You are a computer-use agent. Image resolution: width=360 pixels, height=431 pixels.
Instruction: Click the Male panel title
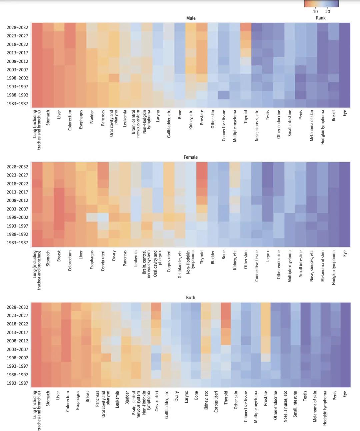(191, 18)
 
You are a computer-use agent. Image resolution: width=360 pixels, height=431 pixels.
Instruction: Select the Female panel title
(191, 157)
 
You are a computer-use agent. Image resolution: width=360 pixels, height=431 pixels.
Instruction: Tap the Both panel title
(191, 298)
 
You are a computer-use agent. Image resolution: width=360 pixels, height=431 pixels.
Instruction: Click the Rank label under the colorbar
(321, 18)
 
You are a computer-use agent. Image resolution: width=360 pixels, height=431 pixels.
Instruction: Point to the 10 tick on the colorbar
(315, 12)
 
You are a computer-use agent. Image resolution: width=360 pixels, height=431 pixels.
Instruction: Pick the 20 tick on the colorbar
(328, 12)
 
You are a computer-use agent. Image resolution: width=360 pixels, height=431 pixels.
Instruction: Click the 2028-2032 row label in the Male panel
(17, 27)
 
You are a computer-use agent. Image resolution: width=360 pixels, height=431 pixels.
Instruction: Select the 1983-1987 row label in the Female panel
(17, 243)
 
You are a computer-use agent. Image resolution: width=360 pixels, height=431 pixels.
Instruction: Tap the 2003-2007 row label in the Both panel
(17, 349)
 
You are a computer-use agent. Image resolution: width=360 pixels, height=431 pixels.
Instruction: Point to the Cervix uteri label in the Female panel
(103, 261)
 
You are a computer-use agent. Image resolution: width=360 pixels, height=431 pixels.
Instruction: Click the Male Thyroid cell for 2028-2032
(246, 27)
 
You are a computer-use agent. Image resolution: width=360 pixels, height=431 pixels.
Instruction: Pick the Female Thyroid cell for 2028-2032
(202, 166)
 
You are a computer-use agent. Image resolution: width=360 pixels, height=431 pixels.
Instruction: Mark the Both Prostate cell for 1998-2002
(266, 358)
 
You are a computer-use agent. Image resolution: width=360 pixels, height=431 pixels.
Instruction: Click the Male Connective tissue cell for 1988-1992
(224, 95)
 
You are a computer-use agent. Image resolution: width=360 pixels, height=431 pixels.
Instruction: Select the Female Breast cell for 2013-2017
(59, 192)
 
